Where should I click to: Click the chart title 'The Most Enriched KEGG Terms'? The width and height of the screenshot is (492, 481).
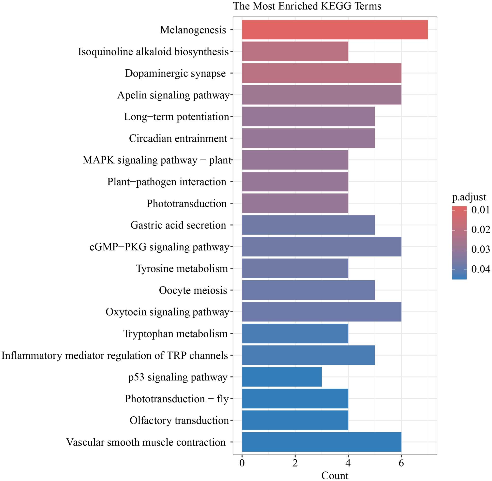(x=307, y=6)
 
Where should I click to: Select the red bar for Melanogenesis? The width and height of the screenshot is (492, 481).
(x=335, y=30)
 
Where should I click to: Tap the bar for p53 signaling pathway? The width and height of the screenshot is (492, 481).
(x=281, y=377)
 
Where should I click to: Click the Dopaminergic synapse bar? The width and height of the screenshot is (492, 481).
(x=322, y=73)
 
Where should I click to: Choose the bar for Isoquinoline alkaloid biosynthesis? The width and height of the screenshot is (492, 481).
(x=295, y=51)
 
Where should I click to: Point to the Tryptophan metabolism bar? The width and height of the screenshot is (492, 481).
(x=295, y=333)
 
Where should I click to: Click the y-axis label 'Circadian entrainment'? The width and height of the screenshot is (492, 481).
(x=178, y=138)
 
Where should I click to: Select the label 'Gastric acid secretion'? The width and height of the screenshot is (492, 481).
(x=178, y=225)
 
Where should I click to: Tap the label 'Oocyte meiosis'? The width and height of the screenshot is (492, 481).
(x=193, y=290)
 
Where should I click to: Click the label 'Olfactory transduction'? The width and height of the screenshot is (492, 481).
(x=179, y=420)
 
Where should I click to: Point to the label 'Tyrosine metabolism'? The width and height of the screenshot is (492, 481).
(x=182, y=269)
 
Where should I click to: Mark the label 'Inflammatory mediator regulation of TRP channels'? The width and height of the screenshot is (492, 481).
(x=115, y=355)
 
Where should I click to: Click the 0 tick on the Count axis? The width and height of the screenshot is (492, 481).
(x=242, y=463)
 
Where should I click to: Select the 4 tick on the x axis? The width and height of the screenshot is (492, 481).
(x=348, y=463)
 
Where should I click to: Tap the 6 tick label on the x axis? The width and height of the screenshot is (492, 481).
(x=401, y=463)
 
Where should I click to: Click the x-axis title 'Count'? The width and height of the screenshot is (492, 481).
(x=335, y=475)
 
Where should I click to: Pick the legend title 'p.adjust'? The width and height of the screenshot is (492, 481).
(x=469, y=197)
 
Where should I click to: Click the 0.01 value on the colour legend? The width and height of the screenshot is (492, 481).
(x=480, y=210)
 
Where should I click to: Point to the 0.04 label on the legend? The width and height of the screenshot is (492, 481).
(x=480, y=269)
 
